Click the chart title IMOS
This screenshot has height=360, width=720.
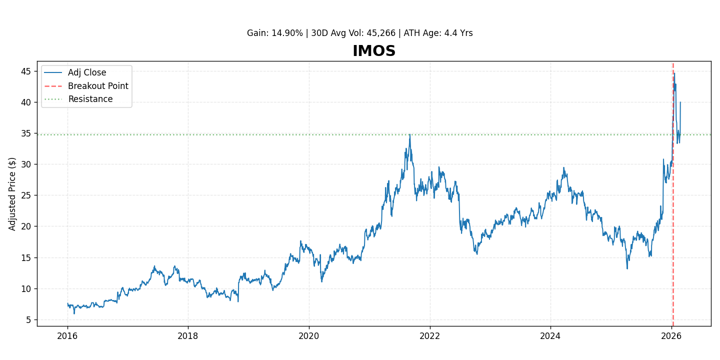(x=374, y=51)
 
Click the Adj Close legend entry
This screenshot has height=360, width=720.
(x=87, y=73)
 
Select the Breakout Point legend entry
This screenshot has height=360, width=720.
(x=98, y=86)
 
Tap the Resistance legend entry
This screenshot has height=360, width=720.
(x=90, y=99)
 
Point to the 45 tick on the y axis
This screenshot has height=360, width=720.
(x=26, y=71)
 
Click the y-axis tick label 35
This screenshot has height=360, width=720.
(x=26, y=133)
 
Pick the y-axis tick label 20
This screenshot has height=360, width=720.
(x=26, y=226)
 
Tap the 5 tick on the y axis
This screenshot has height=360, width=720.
(x=28, y=320)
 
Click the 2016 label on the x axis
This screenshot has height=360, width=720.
(x=67, y=335)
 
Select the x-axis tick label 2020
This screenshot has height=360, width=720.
(x=309, y=335)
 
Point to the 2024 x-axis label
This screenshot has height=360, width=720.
(x=550, y=335)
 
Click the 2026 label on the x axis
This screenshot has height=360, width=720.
(x=671, y=335)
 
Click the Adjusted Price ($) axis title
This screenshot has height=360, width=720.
(x=12, y=194)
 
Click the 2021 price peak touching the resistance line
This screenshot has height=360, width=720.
(x=410, y=134)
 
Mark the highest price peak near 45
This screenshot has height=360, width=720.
(x=674, y=73)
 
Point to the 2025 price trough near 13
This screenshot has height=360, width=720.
(x=627, y=268)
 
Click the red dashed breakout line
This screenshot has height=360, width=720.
(x=673, y=225)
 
